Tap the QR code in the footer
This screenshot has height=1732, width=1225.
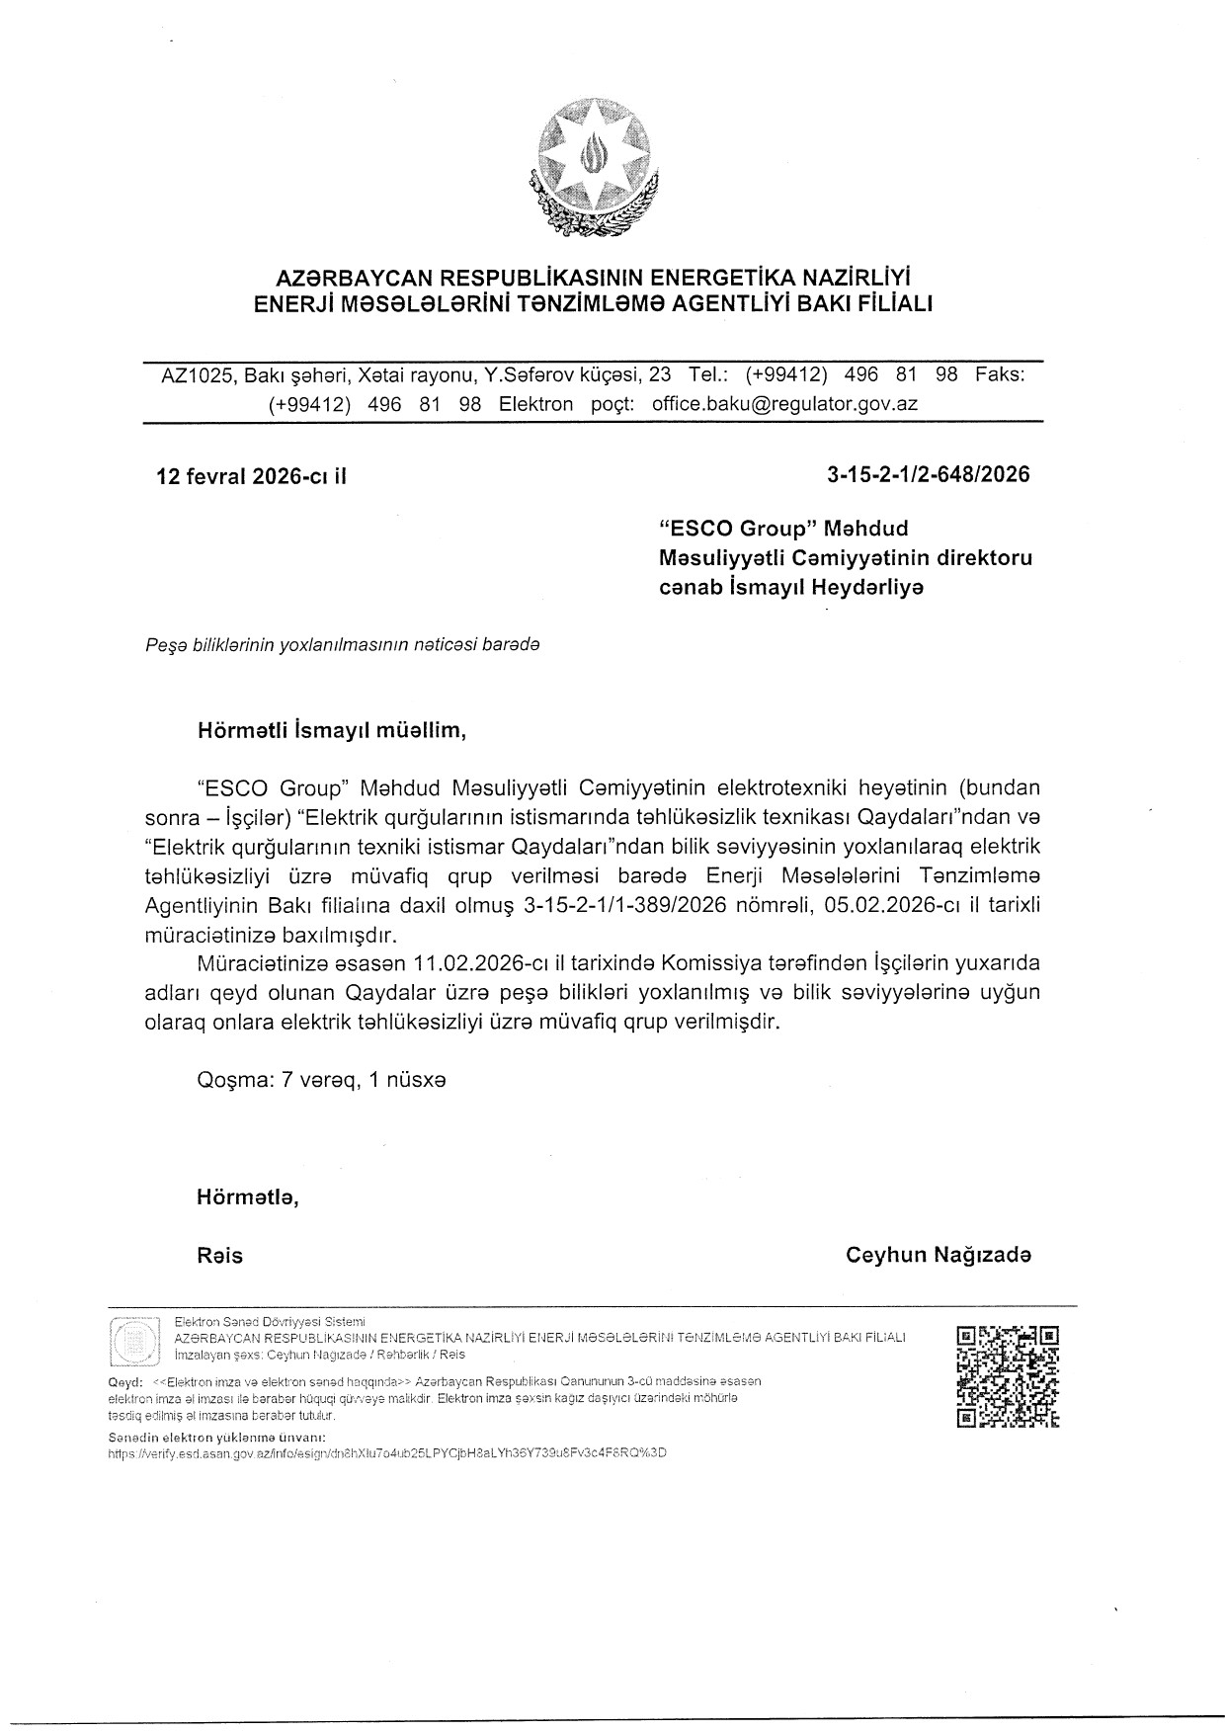tap(1008, 1377)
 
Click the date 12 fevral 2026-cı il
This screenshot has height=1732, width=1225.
tap(252, 476)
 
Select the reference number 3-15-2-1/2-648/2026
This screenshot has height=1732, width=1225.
tap(928, 474)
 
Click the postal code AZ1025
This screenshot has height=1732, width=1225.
tap(198, 375)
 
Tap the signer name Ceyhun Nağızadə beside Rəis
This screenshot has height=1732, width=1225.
tap(938, 1255)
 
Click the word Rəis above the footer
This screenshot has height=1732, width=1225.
tap(219, 1256)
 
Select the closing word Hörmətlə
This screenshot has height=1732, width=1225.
tap(247, 1197)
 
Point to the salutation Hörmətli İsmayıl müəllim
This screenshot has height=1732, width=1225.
tap(330, 732)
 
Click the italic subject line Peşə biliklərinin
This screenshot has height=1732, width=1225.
tap(342, 644)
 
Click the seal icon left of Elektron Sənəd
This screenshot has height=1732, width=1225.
tap(133, 1342)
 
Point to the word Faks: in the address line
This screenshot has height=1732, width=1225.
tap(1000, 375)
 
